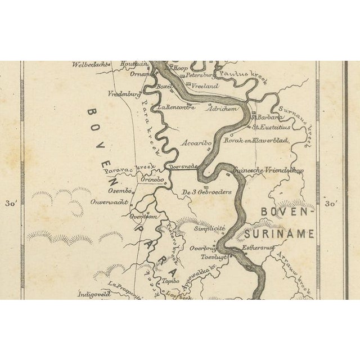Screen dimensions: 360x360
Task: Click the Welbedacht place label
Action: (89, 65)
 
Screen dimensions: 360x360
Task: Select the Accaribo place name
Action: (196, 143)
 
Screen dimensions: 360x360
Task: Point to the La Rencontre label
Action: (177, 107)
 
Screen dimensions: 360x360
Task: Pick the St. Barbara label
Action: (266, 118)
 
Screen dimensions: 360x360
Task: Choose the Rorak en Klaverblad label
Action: (256, 140)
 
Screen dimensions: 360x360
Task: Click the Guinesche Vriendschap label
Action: (268, 170)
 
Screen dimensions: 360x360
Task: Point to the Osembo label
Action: (119, 191)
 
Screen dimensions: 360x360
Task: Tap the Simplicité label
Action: (209, 228)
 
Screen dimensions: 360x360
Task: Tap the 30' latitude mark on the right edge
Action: (332, 204)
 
